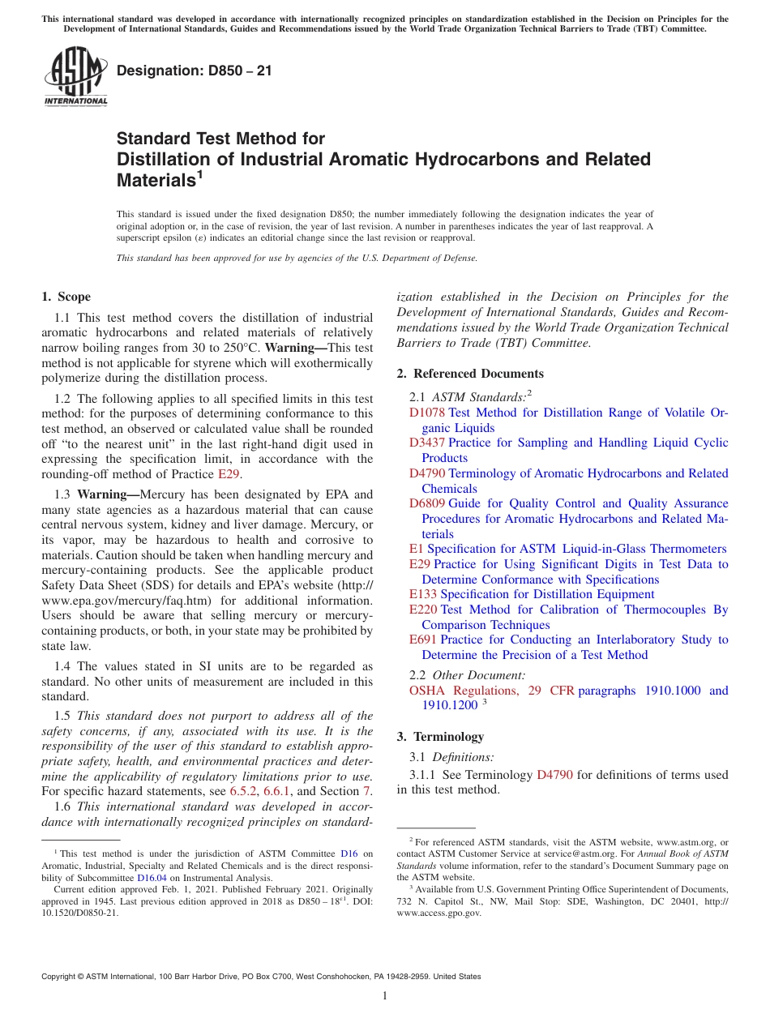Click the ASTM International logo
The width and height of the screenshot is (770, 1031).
click(75, 77)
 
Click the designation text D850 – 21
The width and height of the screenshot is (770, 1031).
click(195, 71)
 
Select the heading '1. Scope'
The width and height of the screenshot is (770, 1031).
click(66, 297)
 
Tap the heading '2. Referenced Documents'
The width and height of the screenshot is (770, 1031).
click(470, 374)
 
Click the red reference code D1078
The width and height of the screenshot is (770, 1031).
click(427, 413)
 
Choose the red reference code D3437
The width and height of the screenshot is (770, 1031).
click(427, 443)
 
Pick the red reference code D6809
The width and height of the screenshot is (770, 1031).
click(427, 504)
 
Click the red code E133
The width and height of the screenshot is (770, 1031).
click(423, 594)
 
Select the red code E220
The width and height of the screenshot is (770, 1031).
click(423, 610)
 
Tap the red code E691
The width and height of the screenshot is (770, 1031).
click(423, 640)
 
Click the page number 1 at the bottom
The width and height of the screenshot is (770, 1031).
click(385, 997)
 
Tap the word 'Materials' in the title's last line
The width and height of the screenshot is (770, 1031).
click(153, 181)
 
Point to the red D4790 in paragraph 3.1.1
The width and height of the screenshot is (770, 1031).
click(554, 775)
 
